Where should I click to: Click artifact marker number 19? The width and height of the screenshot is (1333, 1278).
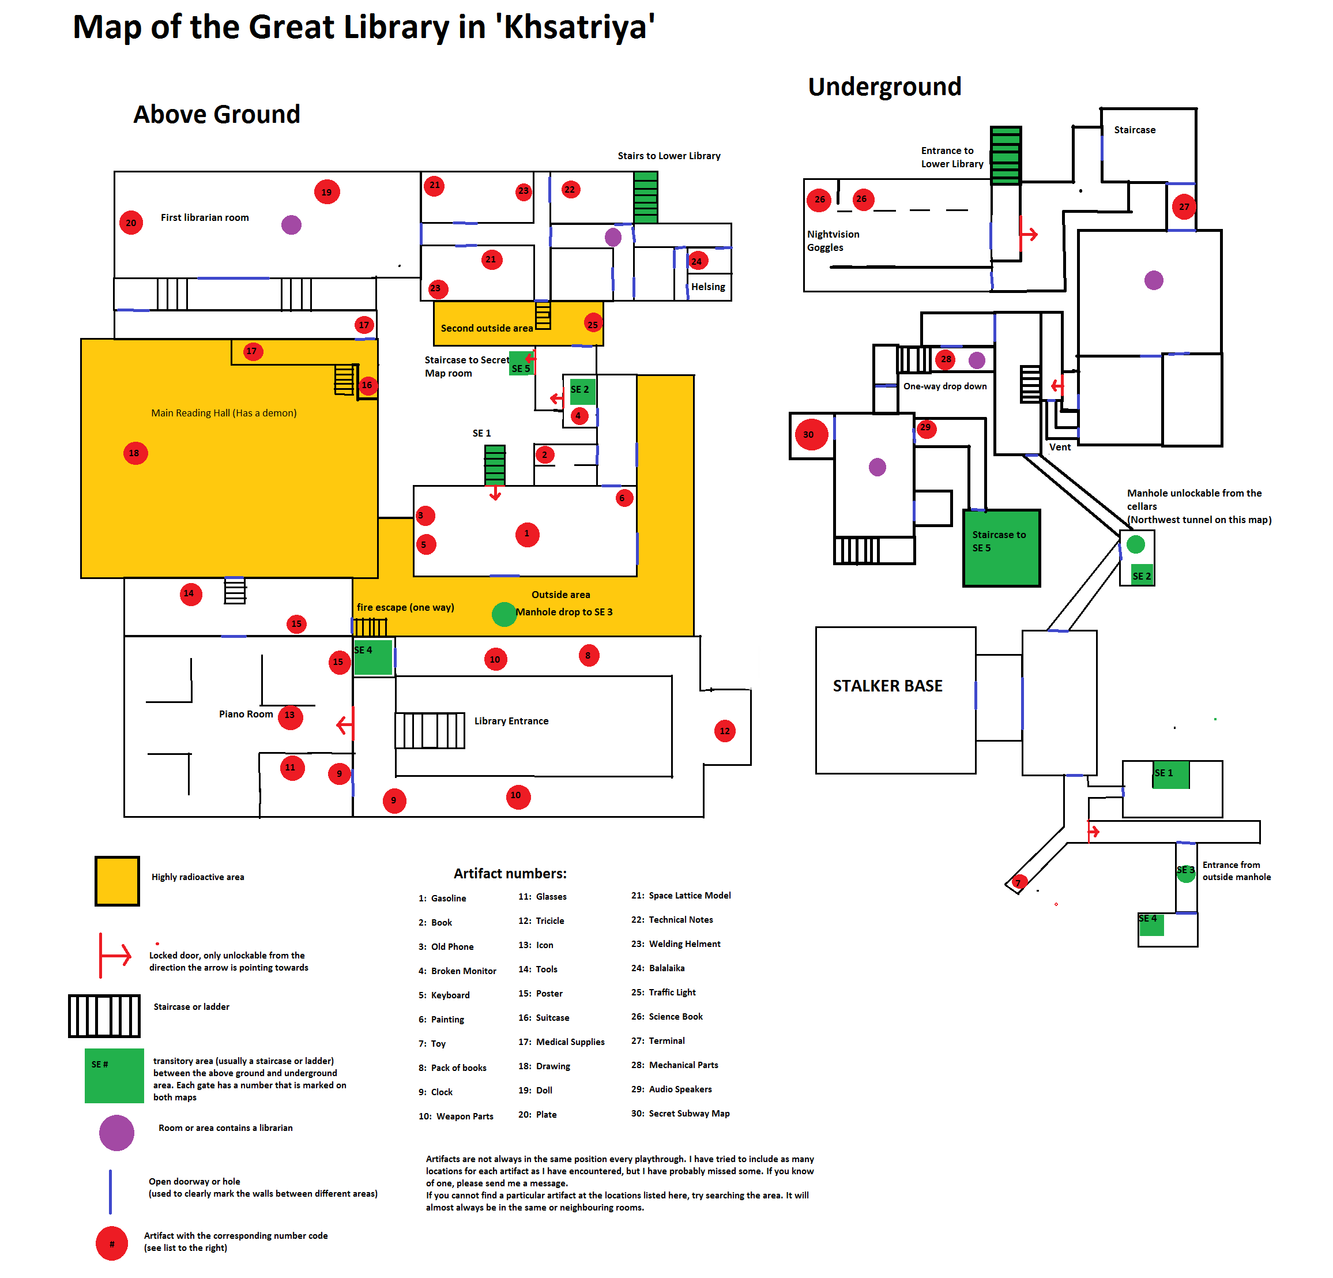tap(326, 192)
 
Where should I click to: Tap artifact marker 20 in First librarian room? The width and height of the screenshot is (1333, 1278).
tap(131, 223)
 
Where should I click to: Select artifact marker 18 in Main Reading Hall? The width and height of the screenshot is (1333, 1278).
tap(135, 453)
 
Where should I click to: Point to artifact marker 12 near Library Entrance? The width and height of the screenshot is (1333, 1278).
tap(725, 731)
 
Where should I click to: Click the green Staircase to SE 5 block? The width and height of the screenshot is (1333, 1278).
tap(1001, 547)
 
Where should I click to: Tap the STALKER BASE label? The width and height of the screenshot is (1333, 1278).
tap(887, 686)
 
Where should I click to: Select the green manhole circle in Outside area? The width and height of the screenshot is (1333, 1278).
tap(504, 614)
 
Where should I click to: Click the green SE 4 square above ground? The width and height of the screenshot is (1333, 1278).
tap(372, 657)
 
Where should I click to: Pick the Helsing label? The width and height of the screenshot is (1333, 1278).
tap(708, 287)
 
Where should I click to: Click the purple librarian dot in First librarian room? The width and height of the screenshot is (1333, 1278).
tap(291, 224)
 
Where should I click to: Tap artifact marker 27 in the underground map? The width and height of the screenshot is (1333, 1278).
tap(1184, 207)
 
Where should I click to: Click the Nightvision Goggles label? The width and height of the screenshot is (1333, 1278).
tap(833, 240)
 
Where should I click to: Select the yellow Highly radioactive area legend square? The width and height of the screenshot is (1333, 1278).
tap(117, 881)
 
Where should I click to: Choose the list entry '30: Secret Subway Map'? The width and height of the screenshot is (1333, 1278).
tap(680, 1114)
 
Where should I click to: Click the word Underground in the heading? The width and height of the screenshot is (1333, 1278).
tap(884, 87)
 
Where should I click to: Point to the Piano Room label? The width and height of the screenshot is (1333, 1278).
tap(246, 713)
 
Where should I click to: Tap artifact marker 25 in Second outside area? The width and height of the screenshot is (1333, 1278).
tap(592, 325)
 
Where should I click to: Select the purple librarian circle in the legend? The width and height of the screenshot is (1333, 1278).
tap(117, 1133)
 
